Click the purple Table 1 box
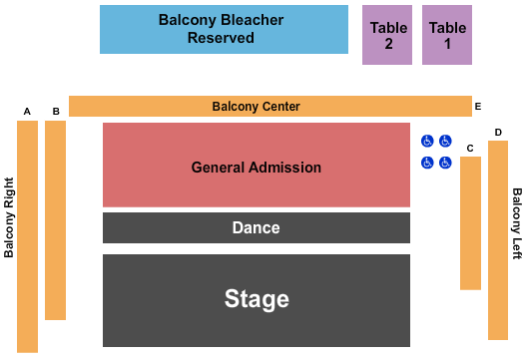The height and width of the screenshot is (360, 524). [x=447, y=35]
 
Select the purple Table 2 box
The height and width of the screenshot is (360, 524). [x=386, y=35]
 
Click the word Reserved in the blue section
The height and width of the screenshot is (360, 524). [x=221, y=39]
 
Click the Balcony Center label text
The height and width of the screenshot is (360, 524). [x=256, y=107]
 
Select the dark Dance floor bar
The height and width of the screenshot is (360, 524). [x=257, y=227]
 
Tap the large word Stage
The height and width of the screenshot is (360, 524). [x=257, y=299]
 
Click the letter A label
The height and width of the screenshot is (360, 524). [x=28, y=111]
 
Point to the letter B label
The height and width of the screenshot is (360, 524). [x=56, y=111]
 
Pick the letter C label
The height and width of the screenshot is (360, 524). [x=469, y=149]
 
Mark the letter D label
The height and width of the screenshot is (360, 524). [x=498, y=132]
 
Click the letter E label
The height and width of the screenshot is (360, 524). [x=478, y=106]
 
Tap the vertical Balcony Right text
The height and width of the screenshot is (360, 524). [x=10, y=217]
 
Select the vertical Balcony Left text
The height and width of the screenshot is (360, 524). [x=517, y=223]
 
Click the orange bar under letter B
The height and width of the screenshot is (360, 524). [x=56, y=219]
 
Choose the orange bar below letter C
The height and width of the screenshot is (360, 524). [x=470, y=222]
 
